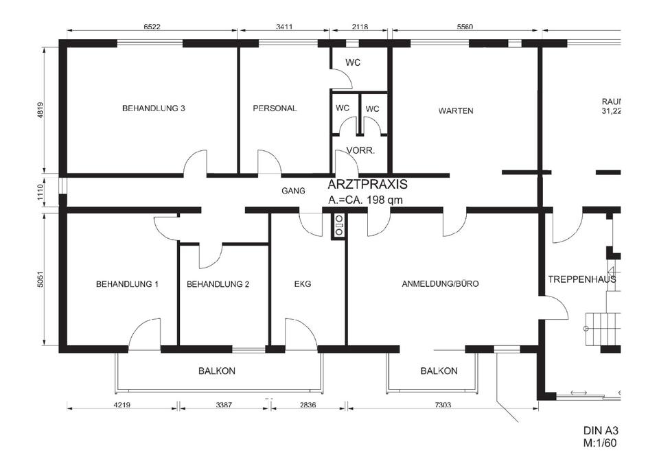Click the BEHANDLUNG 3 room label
[x=154, y=108]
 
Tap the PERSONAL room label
[x=275, y=108]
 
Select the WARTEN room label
[x=456, y=110]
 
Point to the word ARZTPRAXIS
[x=368, y=185]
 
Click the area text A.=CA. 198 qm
[x=365, y=200]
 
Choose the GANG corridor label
[x=293, y=191]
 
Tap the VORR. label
[x=360, y=151]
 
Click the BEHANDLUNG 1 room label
[x=127, y=283]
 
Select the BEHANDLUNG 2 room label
[x=218, y=283]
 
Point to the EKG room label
[x=303, y=283]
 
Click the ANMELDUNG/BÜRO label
[x=440, y=283]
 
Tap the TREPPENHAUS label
[x=581, y=279]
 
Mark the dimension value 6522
[x=152, y=27]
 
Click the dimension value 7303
[x=443, y=405]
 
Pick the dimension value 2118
[x=359, y=27]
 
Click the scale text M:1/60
[x=601, y=443]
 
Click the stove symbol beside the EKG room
[x=338, y=226]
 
